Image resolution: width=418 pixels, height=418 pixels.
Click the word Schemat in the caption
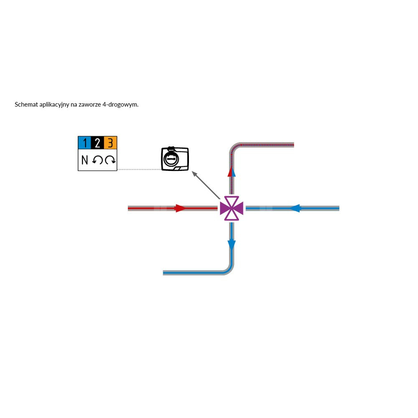26,104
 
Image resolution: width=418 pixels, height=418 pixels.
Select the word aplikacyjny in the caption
54,105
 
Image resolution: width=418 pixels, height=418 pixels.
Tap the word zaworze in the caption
90,104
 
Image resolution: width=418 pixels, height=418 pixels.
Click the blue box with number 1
84,143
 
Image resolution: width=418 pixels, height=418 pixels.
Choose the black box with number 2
97,143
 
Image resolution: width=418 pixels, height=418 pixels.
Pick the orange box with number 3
110,143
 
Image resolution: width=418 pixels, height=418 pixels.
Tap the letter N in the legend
84,160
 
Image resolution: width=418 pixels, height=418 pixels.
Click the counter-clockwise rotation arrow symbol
97,160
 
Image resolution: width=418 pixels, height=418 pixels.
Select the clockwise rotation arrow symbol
110,160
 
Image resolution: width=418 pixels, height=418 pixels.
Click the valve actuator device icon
175,158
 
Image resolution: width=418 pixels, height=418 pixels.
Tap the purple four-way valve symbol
232,208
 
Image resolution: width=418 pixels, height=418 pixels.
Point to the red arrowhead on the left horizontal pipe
181,208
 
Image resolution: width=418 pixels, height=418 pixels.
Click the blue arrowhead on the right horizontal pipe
295,208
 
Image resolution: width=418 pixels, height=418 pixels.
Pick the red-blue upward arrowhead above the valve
232,171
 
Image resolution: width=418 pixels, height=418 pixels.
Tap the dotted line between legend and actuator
139,169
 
